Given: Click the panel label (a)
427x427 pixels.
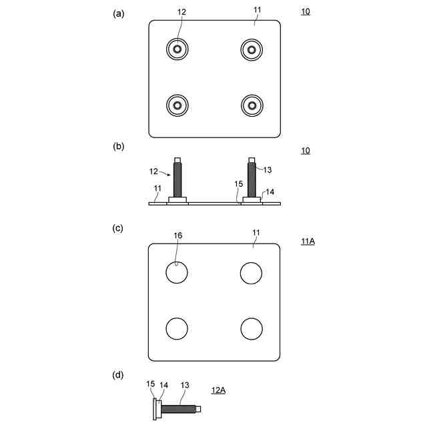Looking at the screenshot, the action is coord(118,13).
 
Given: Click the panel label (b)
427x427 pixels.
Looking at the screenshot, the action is coord(118,147).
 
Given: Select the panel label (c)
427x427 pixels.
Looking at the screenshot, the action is coord(118,228).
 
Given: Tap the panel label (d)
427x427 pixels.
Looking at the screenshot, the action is coord(118,375).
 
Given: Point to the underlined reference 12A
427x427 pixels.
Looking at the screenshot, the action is coord(218,390).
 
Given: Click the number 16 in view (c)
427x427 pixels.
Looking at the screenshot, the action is coord(177,236).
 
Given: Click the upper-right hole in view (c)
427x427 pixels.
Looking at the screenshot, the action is coord(251,273).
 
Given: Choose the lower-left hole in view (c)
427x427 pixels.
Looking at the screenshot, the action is coord(177,329).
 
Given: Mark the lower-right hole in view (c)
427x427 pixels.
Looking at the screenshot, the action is coord(251,329).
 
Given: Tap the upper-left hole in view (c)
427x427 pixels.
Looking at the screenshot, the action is coord(177,273).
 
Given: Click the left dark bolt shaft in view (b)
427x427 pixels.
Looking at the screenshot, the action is coord(177,179).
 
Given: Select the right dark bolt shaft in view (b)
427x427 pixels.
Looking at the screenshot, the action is coord(252,179).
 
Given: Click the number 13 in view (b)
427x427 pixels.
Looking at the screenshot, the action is coord(268,170).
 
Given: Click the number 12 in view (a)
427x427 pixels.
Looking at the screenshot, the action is coord(182,13).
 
